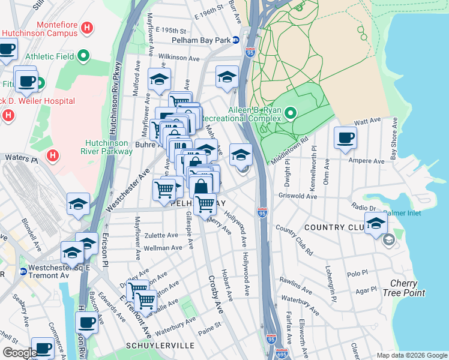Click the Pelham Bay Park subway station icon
tap(237, 40)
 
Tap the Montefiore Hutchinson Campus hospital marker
tap(88, 28)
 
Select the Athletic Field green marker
tap(83, 56)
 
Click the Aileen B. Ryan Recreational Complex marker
tap(291, 113)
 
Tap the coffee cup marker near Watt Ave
tap(345, 138)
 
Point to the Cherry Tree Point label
tap(408, 288)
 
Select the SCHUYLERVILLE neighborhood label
tap(160, 346)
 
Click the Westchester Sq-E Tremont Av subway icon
tap(24, 271)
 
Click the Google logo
tap(20, 353)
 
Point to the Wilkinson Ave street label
tap(178, 58)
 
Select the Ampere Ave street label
tap(367, 161)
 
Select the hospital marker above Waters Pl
tap(53, 155)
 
